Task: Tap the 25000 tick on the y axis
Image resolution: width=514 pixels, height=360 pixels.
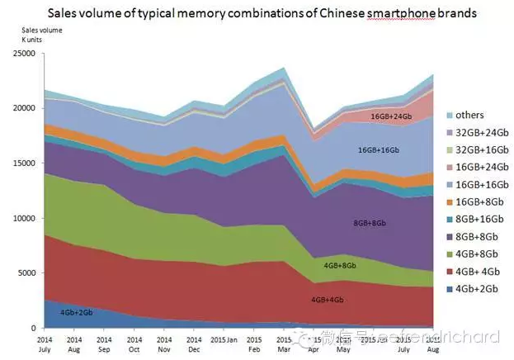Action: [24, 54]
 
